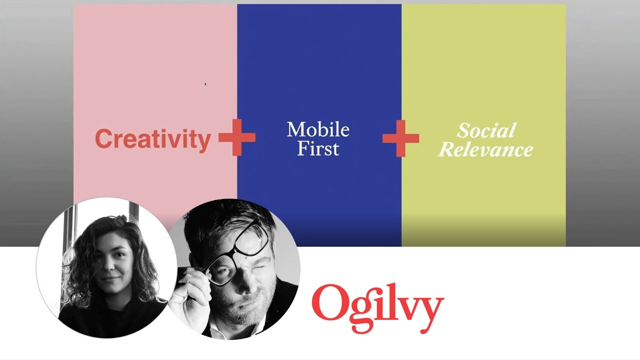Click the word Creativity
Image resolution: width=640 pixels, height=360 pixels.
153,139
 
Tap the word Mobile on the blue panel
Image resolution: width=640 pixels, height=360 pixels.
318,129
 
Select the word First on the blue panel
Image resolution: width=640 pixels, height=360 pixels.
318,148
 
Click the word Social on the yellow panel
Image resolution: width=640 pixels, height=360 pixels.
486,130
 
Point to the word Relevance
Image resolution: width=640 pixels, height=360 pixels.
485,149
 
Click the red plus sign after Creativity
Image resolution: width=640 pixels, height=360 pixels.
237,137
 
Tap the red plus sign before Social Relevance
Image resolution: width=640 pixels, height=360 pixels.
401,138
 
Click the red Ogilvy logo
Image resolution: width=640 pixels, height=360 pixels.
377,308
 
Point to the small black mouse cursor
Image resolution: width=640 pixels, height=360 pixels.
205,84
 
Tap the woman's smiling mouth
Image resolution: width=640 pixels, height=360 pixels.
109,278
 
